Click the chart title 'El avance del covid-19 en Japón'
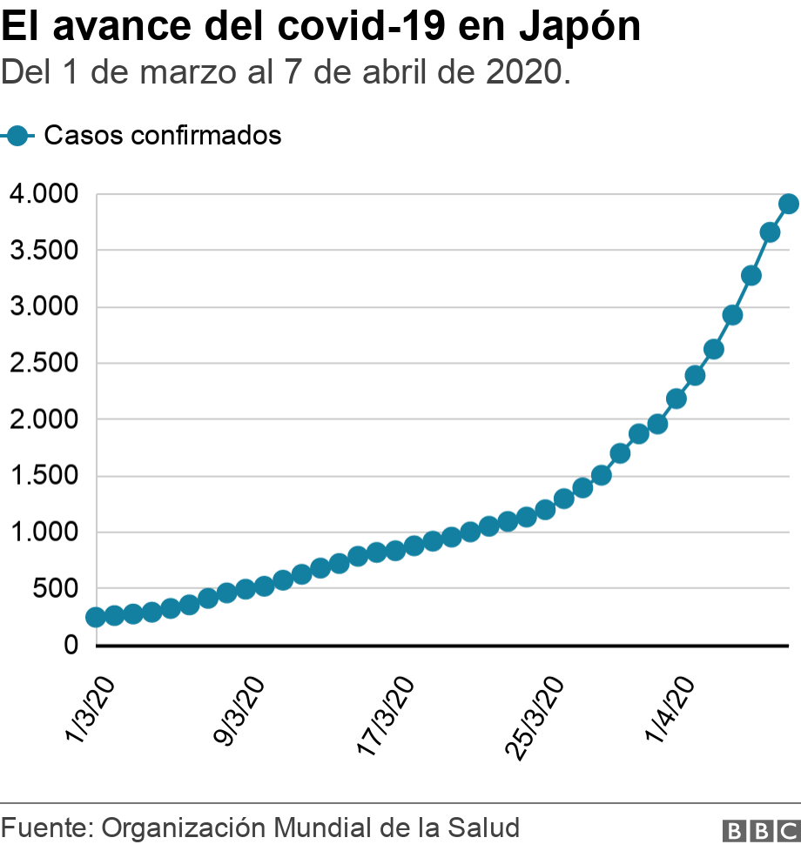(321, 28)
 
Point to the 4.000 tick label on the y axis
(44, 194)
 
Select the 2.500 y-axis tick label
(44, 363)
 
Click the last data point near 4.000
(789, 204)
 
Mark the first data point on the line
(96, 617)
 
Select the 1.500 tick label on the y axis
(44, 476)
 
